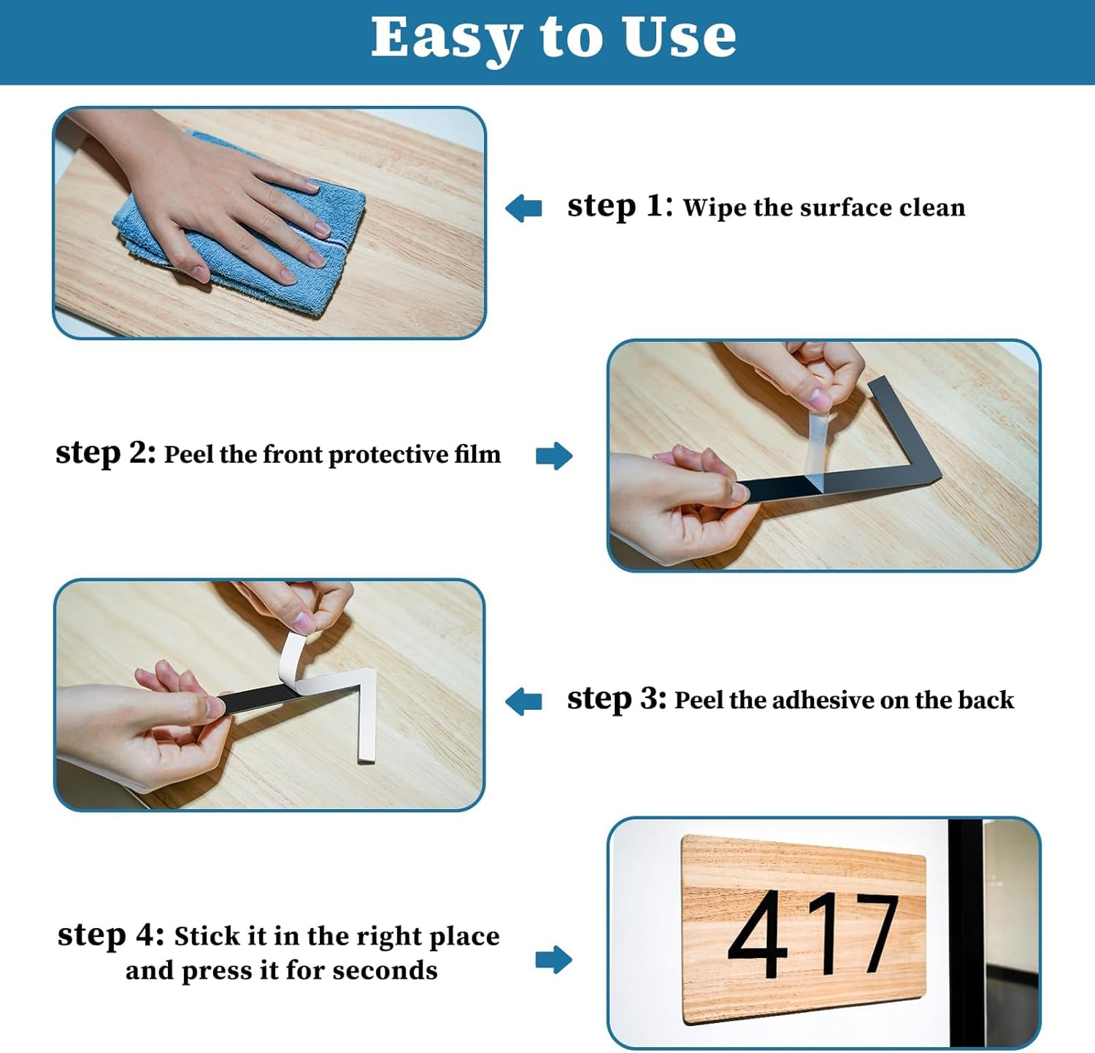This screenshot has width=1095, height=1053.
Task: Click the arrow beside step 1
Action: click(x=524, y=208)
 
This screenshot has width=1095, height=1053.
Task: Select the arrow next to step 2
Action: click(x=554, y=456)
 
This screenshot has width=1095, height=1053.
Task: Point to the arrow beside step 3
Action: click(x=524, y=701)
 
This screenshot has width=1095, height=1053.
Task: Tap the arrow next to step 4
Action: click(x=554, y=960)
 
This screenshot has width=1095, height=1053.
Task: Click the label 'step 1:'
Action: click(x=620, y=207)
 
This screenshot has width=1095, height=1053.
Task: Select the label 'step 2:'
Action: click(x=106, y=453)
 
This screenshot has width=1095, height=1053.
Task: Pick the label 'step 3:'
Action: click(x=617, y=699)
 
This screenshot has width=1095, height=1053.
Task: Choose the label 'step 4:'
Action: click(x=111, y=935)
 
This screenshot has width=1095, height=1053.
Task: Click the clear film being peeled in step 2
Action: click(x=818, y=445)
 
